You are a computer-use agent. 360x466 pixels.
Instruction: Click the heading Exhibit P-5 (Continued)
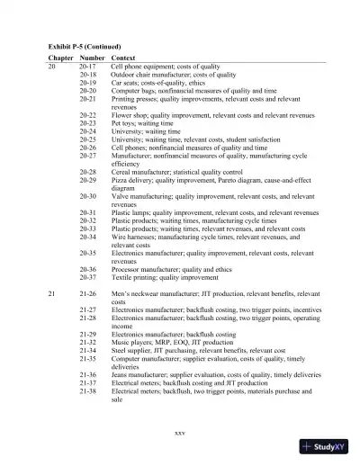pyautogui.click(x=84, y=46)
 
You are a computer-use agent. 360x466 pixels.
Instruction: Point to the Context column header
pyautogui.click(x=123, y=58)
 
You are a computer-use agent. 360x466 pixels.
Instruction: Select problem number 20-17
pyautogui.click(x=88, y=67)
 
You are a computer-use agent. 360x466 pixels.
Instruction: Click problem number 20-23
pyautogui.click(x=88, y=124)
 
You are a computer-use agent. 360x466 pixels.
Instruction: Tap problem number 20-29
pyautogui.click(x=88, y=180)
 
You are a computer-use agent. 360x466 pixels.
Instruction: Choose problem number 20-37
pyautogui.click(x=88, y=277)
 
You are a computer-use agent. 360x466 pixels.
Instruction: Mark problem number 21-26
pyautogui.click(x=88, y=295)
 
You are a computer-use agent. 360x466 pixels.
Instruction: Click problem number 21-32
pyautogui.click(x=88, y=344)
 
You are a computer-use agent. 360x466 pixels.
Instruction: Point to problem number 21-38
pyautogui.click(x=88, y=392)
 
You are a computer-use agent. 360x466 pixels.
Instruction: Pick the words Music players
pyautogui.click(x=131, y=344)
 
